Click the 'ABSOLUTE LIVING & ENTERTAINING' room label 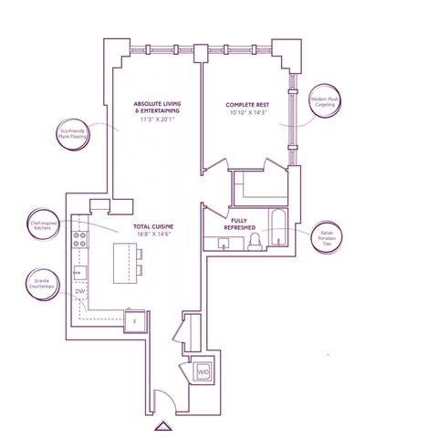157,108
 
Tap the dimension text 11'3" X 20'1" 157,120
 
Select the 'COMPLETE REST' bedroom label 247,105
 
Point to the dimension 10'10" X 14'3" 247,114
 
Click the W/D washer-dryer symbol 203,372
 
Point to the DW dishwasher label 79,292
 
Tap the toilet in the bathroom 255,241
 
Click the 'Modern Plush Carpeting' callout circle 324,102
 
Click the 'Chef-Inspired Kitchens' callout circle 44,224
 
